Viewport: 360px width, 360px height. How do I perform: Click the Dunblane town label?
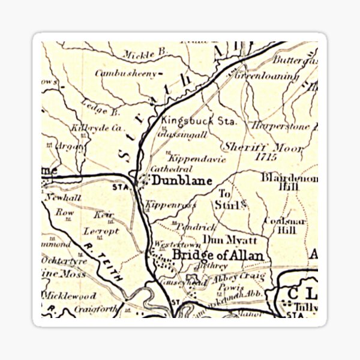[x=181, y=179]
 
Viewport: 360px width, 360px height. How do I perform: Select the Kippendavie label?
[x=191, y=160]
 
